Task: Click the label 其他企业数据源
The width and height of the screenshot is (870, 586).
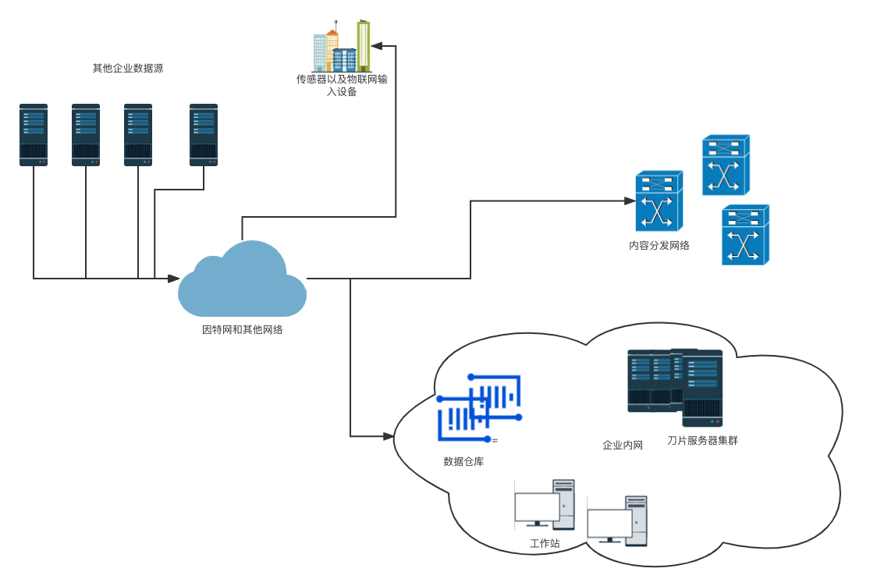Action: point(128,68)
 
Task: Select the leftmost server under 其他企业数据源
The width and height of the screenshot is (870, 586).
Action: point(34,135)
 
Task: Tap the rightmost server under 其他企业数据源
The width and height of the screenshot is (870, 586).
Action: point(204,135)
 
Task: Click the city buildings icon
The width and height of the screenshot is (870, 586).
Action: point(342,46)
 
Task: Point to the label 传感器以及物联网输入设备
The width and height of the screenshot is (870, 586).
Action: point(342,86)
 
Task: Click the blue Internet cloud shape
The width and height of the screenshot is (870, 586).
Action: point(242,279)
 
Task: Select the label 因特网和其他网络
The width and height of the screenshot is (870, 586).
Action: point(243,329)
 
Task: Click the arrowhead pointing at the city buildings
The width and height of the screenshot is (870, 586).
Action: point(377,46)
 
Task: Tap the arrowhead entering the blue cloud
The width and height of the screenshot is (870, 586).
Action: point(173,278)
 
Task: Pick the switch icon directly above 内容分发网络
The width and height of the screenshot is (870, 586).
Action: point(659,201)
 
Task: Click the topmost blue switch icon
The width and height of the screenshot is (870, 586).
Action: point(726,165)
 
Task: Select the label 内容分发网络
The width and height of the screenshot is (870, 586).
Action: point(659,245)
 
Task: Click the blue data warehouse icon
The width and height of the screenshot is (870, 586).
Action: point(480,408)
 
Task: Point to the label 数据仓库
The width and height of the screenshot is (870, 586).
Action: point(463,462)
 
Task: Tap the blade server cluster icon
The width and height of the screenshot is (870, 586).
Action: point(675,387)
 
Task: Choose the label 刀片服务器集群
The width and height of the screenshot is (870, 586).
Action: point(702,441)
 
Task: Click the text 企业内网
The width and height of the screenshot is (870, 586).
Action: point(623,445)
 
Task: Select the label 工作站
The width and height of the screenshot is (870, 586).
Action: point(545,543)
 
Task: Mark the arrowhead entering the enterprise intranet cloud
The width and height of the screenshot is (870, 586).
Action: point(389,436)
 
